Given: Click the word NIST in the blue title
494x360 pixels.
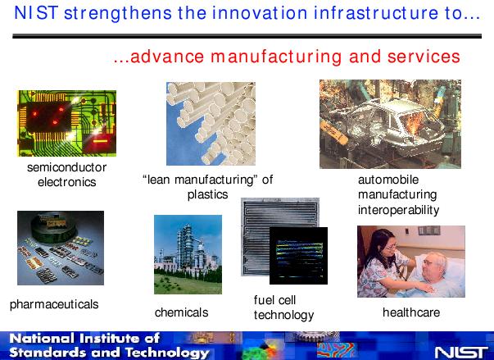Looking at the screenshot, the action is pyautogui.click(x=36, y=13).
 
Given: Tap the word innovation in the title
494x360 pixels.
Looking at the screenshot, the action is pyautogui.click(x=259, y=13).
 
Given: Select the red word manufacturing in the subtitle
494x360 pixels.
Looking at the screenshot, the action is pyautogui.click(x=276, y=57).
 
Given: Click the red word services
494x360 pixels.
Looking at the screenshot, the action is pyautogui.click(x=424, y=57).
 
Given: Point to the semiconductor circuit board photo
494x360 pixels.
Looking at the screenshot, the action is pyautogui.click(x=67, y=123).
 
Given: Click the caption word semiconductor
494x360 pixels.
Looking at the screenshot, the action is pyautogui.click(x=67, y=167).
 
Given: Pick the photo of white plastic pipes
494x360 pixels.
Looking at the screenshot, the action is pyautogui.click(x=211, y=124).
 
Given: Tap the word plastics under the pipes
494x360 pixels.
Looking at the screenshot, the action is pyautogui.click(x=207, y=194).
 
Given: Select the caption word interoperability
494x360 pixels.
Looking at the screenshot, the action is pyautogui.click(x=398, y=210).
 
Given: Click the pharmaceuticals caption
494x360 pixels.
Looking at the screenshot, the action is pyautogui.click(x=54, y=304).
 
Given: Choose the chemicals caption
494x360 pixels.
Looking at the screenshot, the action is pyautogui.click(x=182, y=312).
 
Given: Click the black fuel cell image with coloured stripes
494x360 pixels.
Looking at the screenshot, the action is pyautogui.click(x=298, y=256).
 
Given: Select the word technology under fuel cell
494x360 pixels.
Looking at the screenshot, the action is pyautogui.click(x=283, y=315).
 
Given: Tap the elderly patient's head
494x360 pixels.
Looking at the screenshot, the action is pyautogui.click(x=434, y=265).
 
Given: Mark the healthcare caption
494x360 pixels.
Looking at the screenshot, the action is pyautogui.click(x=411, y=312).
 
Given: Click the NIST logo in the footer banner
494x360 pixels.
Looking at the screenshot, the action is pyautogui.click(x=461, y=353).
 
